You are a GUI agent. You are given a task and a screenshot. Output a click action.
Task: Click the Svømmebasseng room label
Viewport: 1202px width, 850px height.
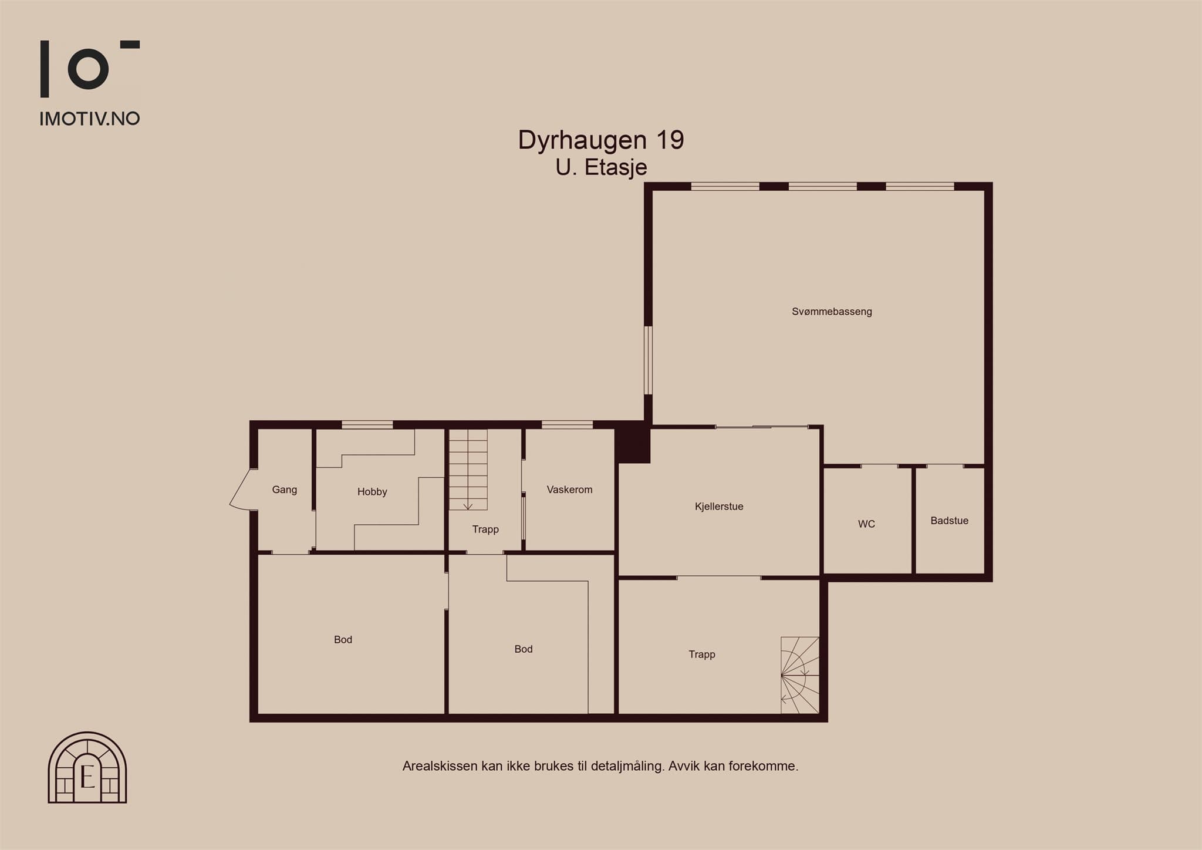[832, 312]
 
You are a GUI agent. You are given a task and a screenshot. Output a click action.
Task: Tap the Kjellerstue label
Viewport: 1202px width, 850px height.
[719, 507]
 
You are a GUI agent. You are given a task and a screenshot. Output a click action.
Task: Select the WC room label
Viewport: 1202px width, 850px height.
[866, 524]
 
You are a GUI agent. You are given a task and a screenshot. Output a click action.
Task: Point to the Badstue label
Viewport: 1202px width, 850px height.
[949, 520]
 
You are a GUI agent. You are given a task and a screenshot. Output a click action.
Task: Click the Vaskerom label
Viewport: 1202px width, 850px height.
[569, 490]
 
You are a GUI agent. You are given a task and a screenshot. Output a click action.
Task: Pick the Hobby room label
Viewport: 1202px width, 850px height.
[372, 492]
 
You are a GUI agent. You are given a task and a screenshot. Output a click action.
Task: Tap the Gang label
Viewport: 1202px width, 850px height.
[285, 490]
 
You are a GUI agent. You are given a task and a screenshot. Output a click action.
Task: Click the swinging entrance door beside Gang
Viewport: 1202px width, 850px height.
[241, 490]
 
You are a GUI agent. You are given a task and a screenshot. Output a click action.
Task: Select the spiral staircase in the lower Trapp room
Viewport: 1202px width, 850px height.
[799, 675]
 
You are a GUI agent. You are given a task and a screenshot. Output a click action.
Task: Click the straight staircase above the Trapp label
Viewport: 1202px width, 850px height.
[468, 469]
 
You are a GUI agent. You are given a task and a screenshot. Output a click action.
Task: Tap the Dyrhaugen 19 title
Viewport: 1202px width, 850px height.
[601, 140]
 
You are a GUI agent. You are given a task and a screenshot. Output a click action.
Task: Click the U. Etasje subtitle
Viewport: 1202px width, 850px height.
[601, 168]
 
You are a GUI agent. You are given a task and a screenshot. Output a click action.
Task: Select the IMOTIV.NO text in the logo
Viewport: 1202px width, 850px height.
[90, 119]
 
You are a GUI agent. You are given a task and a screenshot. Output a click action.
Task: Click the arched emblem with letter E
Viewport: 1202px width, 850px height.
[87, 768]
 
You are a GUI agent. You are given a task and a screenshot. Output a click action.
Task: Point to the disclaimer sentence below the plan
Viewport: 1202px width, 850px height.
[600, 766]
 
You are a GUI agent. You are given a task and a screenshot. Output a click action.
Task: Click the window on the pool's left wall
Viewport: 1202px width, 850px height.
[648, 360]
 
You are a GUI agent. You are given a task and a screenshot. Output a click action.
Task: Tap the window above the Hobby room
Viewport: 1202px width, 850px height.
[367, 424]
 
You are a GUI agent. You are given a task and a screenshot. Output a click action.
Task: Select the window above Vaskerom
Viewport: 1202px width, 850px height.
[567, 424]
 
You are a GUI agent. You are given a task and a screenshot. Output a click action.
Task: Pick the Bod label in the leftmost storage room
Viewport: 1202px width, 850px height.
[343, 640]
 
